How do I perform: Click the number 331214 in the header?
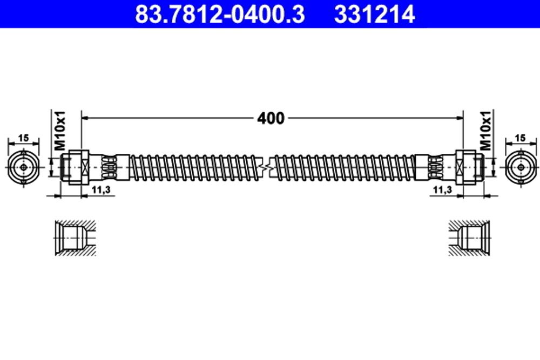click(x=374, y=15)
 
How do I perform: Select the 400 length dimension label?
click(x=271, y=118)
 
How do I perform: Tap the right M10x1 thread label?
click(x=485, y=131)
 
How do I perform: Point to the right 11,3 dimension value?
click(x=442, y=190)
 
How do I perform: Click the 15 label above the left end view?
click(x=23, y=138)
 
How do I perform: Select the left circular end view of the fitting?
click(x=24, y=167)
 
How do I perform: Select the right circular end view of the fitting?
click(x=519, y=167)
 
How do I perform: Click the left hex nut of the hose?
click(x=83, y=167)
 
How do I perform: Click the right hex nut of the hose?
click(x=462, y=167)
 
